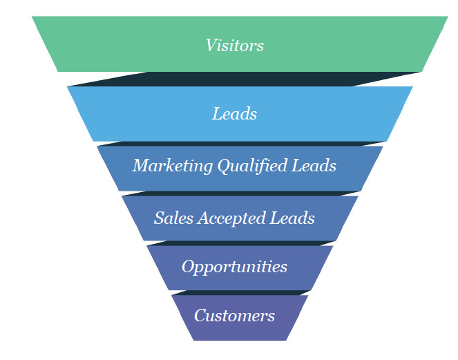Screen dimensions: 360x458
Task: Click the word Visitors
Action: tap(234, 46)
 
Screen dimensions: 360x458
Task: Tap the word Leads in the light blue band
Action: tap(234, 114)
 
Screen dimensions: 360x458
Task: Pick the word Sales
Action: tap(173, 218)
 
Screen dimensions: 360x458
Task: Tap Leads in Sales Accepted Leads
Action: tap(296, 218)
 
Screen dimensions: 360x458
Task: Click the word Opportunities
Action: tap(234, 267)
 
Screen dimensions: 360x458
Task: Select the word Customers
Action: tap(234, 316)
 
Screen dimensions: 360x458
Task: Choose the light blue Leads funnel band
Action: tap(124, 114)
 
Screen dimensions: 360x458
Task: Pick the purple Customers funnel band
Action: tap(290, 325)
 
